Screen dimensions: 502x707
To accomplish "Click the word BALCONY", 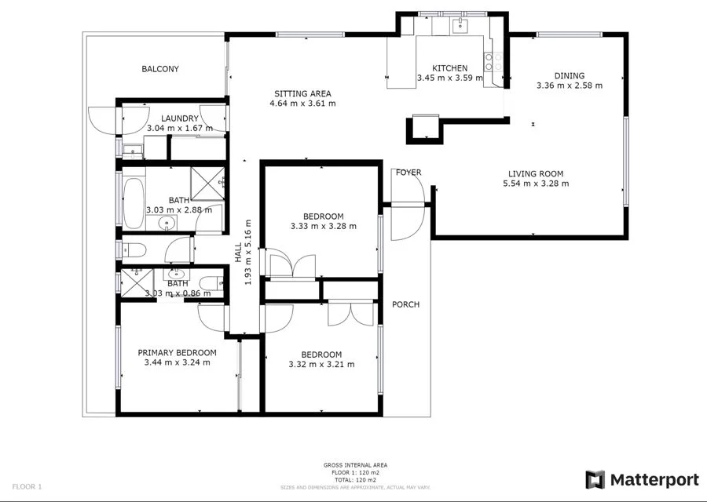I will [160, 69].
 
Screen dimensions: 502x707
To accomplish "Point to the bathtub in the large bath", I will [134, 202].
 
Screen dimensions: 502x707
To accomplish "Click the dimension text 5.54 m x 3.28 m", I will [536, 184].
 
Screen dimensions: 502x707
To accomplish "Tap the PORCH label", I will [405, 304].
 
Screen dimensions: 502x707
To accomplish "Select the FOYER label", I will [408, 173].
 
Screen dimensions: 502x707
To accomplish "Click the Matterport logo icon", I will [595, 478].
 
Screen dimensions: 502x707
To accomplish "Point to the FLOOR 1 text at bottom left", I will [27, 486].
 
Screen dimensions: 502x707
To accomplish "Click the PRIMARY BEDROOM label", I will [177, 353].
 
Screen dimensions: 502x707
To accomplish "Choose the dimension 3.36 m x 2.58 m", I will [569, 85].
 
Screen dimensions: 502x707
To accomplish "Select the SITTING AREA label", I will [302, 93].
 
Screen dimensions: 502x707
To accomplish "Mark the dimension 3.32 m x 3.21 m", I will [321, 364].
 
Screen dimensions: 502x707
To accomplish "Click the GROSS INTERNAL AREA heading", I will [355, 465].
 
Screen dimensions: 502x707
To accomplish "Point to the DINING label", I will [570, 76].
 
